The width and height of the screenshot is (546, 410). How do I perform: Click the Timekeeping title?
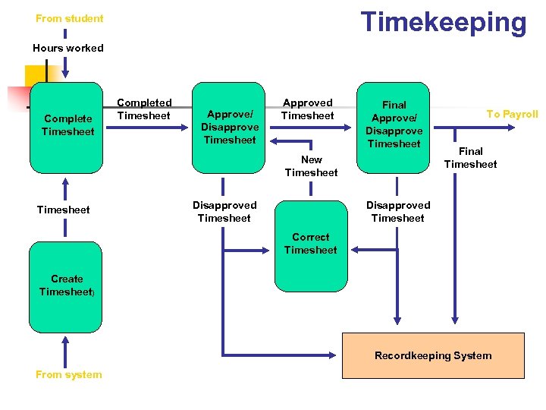(443, 22)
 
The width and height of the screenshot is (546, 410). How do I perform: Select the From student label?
(69, 18)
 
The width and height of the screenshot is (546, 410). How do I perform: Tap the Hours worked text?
(68, 48)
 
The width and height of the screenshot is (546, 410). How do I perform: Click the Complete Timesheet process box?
(66, 127)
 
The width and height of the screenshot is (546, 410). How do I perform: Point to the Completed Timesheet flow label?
(144, 109)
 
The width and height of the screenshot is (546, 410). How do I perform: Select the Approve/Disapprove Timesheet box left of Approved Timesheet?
(229, 127)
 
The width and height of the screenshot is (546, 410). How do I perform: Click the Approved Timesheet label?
(307, 109)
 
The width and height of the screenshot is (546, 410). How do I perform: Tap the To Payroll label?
(512, 114)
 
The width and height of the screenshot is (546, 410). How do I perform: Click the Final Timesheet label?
(470, 157)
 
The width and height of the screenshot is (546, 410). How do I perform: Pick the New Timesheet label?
(311, 166)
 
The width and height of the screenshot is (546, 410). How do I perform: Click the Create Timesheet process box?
(66, 285)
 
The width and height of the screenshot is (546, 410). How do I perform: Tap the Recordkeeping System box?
(433, 355)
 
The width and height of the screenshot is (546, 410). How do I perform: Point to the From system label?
(68, 374)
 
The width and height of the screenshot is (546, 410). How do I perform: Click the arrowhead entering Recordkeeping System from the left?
(337, 355)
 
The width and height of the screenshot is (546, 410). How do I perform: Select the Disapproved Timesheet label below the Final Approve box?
(397, 212)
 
